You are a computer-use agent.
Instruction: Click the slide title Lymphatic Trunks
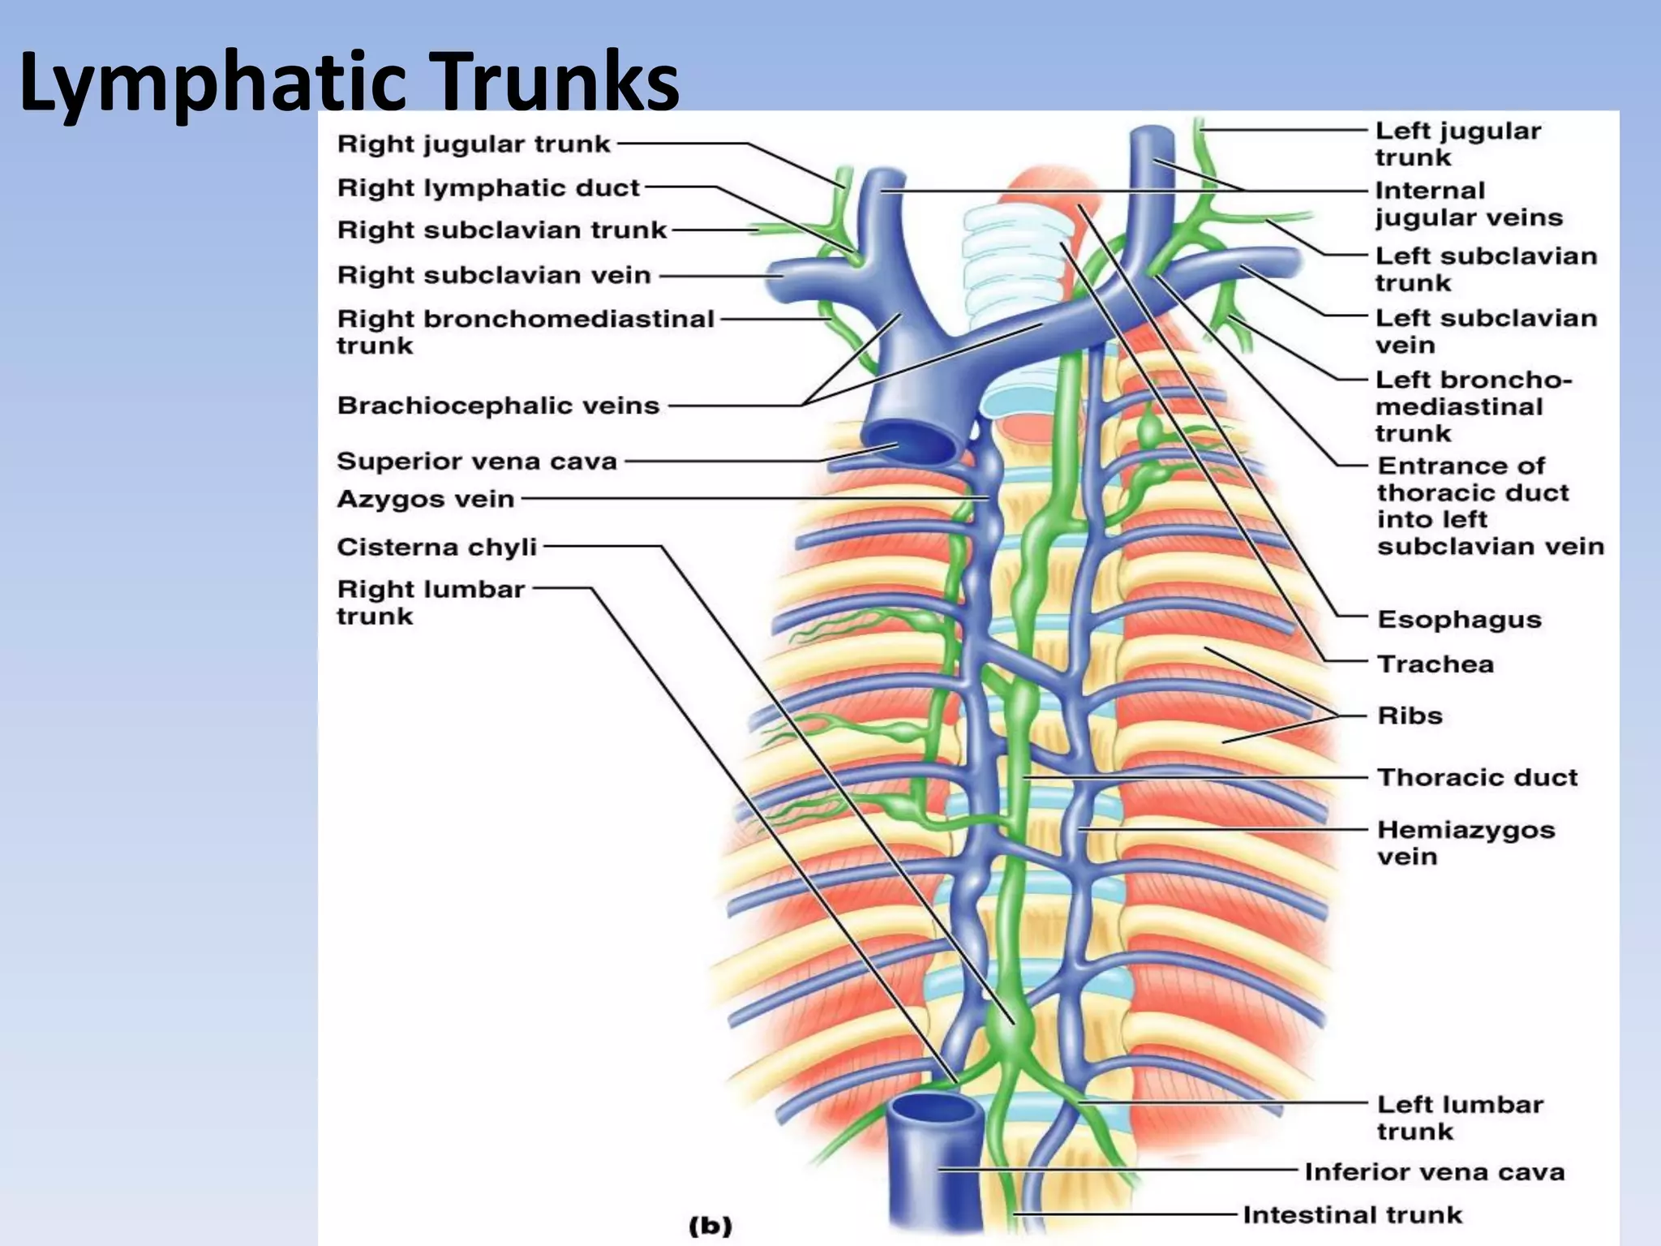349,81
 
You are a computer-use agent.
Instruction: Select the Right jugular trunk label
474,144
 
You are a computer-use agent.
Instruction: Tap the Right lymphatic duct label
488,188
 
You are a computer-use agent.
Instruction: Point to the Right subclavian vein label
494,276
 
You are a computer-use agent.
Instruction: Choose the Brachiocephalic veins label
498,406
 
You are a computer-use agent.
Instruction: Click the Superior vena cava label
477,462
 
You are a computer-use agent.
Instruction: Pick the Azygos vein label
426,499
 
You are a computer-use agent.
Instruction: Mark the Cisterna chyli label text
437,548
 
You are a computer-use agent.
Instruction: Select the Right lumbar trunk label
431,603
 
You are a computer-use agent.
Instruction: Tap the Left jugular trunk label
1457,144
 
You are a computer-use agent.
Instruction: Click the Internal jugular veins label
1468,204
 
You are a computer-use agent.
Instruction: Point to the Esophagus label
1459,620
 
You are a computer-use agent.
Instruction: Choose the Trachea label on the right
1436,664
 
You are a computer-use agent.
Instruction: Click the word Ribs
1410,716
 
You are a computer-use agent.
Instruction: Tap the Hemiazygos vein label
1466,844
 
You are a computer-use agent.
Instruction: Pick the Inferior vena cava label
1434,1172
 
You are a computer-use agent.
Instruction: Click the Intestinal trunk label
1352,1215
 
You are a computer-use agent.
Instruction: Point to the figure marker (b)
710,1226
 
